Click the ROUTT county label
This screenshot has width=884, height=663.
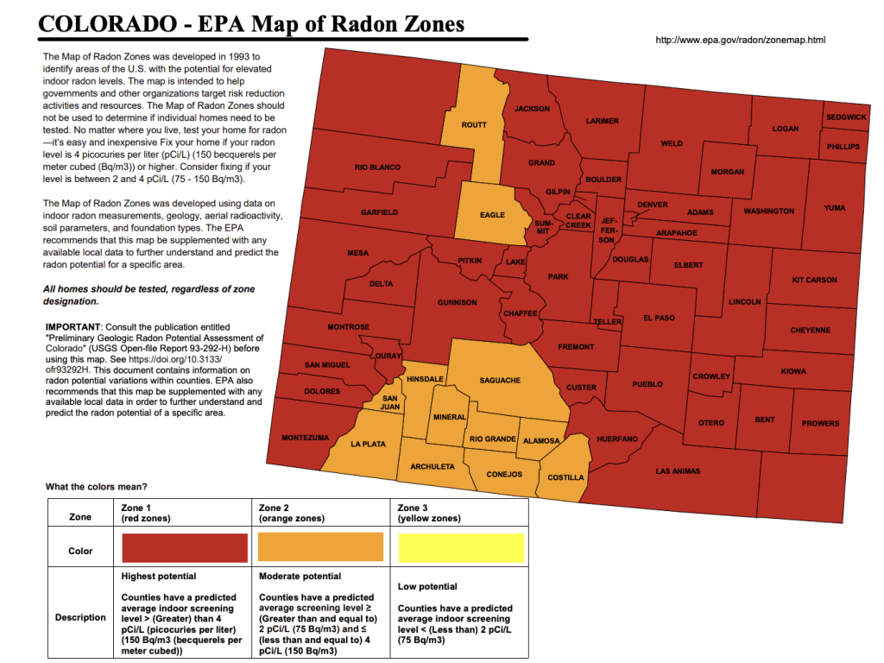474,125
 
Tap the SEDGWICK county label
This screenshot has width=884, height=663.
845,117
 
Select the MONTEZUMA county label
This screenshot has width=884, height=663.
305,438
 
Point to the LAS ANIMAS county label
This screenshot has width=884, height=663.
678,471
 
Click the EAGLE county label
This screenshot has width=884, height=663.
492,215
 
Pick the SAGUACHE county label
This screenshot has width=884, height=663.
500,380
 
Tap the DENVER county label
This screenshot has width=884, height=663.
652,205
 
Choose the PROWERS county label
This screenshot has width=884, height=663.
819,423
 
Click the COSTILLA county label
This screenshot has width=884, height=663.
565,477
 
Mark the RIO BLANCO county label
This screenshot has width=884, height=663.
377,167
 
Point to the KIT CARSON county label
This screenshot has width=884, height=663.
814,280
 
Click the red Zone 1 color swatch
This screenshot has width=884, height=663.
185,548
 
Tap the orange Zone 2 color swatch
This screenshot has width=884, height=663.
320,548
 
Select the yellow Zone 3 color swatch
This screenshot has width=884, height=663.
460,548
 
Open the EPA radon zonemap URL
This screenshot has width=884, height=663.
741,40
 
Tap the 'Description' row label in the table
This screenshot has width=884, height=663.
80,617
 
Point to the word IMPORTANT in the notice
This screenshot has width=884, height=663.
73,327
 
